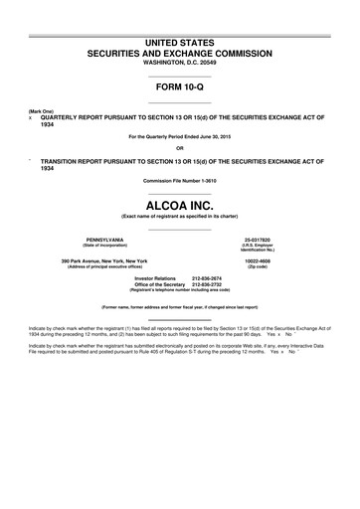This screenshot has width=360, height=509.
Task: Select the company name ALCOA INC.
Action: [179, 200]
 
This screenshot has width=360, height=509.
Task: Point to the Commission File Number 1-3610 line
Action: [179, 180]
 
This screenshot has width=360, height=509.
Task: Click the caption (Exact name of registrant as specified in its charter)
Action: [179, 215]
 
